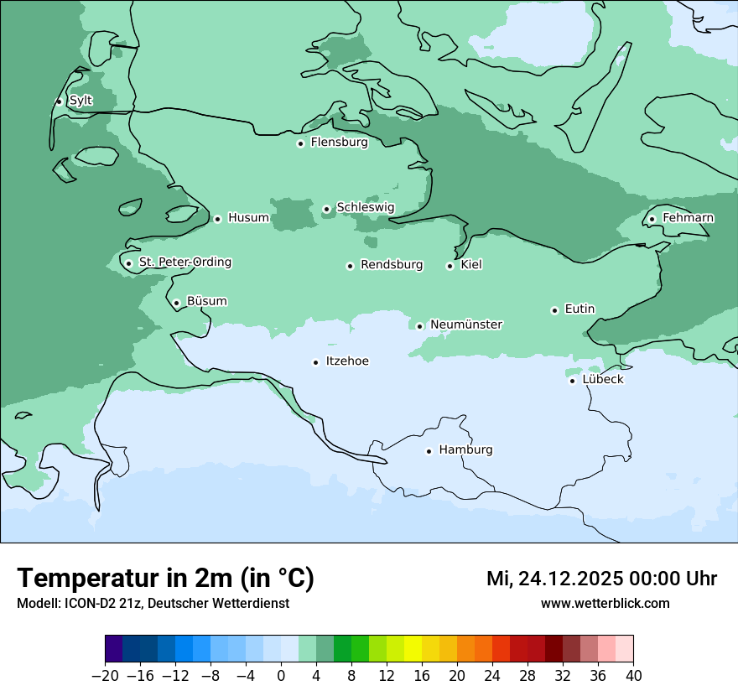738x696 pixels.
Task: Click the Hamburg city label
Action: [x=465, y=449]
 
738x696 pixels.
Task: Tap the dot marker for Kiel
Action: [x=450, y=266]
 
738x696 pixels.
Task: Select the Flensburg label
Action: [x=339, y=143]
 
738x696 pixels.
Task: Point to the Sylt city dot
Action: [x=59, y=101]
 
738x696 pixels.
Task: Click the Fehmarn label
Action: [x=688, y=218]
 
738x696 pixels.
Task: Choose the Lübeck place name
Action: [x=602, y=379]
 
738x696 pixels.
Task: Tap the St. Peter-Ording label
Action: [x=184, y=262]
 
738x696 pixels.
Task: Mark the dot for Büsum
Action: [x=176, y=303]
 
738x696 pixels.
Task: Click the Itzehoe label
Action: [x=347, y=361]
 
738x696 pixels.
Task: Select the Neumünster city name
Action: [x=466, y=325]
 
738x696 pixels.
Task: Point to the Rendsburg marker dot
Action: [x=350, y=266]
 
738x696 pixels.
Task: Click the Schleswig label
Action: [x=365, y=207]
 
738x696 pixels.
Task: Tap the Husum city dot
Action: [x=217, y=219]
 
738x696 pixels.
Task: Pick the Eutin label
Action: [x=579, y=309]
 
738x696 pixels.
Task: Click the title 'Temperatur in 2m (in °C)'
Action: [x=165, y=579]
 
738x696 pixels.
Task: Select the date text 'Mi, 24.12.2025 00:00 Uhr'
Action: [x=601, y=579]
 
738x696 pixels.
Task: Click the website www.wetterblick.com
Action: [x=605, y=604]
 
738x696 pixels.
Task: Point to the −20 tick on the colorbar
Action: [x=106, y=676]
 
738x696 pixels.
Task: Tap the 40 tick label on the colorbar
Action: [x=633, y=676]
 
